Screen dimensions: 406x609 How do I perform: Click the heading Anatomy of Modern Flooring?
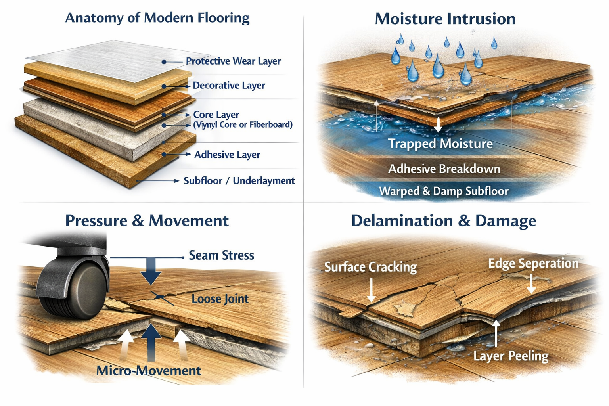(157, 18)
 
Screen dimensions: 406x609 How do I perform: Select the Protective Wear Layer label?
(233, 61)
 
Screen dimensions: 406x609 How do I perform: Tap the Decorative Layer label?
(229, 86)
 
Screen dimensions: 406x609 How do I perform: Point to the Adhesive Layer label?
(227, 155)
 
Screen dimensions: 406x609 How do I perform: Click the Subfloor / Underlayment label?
(239, 181)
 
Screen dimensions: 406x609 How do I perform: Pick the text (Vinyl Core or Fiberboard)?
(243, 125)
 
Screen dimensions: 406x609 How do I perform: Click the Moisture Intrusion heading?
(445, 19)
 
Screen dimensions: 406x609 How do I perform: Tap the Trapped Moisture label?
(440, 144)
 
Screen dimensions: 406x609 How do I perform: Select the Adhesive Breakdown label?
(444, 169)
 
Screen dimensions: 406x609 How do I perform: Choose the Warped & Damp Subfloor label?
(444, 191)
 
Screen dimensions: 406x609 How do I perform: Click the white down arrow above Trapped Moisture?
(438, 124)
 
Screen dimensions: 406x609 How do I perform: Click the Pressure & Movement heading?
(147, 221)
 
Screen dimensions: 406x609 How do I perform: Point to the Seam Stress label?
(221, 255)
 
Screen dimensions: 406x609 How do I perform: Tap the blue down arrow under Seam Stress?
(151, 272)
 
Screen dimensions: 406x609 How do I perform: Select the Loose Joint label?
(220, 299)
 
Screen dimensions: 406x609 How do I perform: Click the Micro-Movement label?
(149, 371)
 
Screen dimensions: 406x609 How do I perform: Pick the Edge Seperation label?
(533, 264)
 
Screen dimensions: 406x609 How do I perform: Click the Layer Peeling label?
(511, 356)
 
